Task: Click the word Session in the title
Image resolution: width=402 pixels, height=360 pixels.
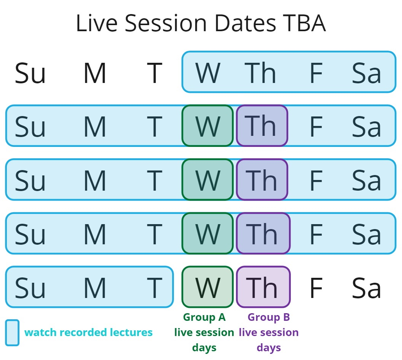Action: (x=166, y=23)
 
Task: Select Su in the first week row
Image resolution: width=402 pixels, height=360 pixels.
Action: (x=30, y=73)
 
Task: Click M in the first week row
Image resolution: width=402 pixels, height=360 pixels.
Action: (x=95, y=73)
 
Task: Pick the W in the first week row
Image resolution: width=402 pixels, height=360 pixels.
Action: (x=208, y=73)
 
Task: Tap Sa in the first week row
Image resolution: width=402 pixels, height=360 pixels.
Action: (x=366, y=73)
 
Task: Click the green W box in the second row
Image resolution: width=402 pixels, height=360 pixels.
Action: (x=208, y=126)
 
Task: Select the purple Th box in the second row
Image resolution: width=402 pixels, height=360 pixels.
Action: (x=262, y=126)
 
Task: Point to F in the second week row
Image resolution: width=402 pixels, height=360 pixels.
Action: (x=316, y=127)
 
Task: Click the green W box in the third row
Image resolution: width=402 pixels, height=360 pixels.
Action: (x=208, y=179)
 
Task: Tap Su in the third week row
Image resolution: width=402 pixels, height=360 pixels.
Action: (x=30, y=181)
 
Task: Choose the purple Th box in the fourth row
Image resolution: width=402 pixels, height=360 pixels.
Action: (x=263, y=233)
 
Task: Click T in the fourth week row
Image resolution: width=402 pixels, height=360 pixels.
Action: (x=155, y=234)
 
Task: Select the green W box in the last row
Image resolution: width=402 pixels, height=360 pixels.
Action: (x=208, y=287)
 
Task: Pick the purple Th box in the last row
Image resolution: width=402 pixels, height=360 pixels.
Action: (x=263, y=287)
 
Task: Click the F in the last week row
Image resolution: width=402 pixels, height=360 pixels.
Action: (x=316, y=288)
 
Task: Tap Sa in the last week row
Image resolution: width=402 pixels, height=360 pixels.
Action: (x=366, y=288)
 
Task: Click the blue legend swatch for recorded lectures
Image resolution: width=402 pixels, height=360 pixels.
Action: (x=12, y=333)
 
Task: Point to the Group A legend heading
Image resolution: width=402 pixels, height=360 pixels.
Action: (x=204, y=317)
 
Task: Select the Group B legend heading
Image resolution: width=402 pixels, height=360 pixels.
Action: (x=269, y=317)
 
